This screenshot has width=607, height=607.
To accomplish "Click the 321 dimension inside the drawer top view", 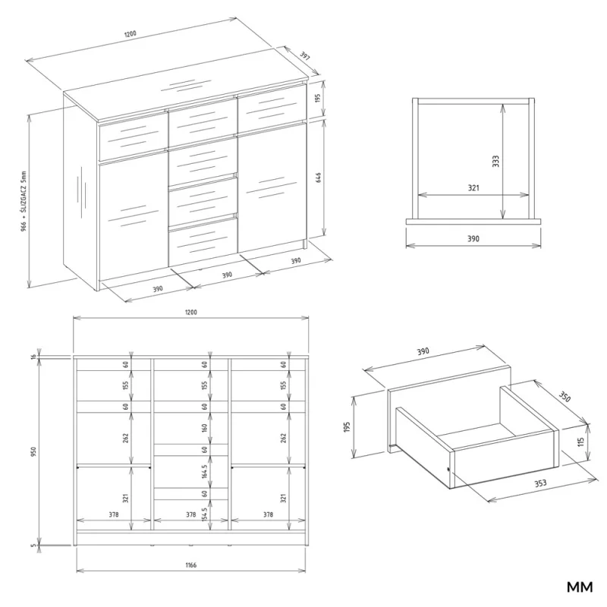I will coord(473,187).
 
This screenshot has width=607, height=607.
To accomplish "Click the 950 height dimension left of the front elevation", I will coord(34,451).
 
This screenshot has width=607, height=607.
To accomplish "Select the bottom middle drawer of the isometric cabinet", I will coord(202,241).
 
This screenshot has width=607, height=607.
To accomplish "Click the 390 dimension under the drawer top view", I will coord(473,238).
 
